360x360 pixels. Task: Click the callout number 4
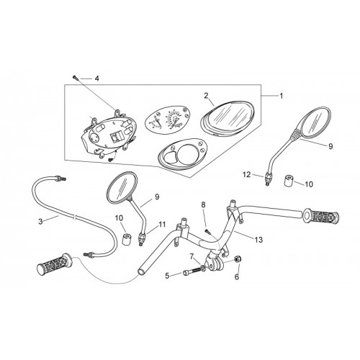(x=96, y=78)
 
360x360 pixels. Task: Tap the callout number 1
(x=281, y=96)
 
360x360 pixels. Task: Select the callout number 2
(x=206, y=96)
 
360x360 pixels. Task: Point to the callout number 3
(x=40, y=221)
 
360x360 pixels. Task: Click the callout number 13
(x=258, y=240)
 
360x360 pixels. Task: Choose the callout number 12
(x=246, y=174)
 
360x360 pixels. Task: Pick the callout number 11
(x=162, y=225)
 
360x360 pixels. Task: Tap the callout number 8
(x=203, y=204)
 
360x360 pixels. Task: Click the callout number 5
(x=167, y=276)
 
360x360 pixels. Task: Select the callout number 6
(x=237, y=276)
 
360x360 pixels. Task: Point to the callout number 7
(x=192, y=256)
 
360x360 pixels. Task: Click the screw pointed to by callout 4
(x=75, y=77)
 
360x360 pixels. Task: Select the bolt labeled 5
(x=192, y=272)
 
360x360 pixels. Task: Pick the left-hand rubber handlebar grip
(x=55, y=264)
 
